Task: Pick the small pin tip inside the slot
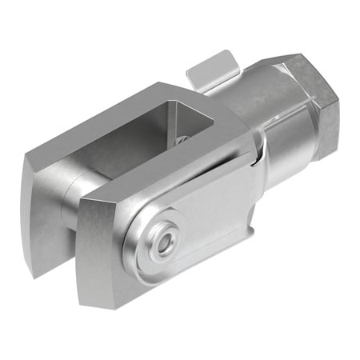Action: (183, 139)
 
